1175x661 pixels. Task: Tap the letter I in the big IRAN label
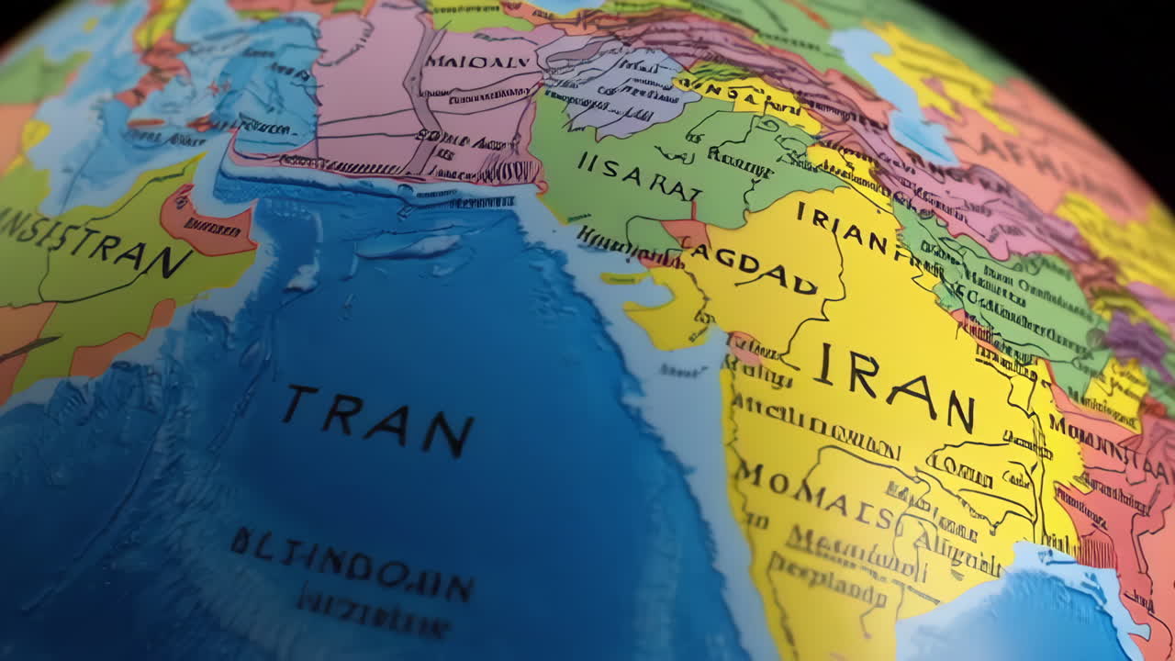[x=824, y=364]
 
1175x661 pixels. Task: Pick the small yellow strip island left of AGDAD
[x=623, y=277]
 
